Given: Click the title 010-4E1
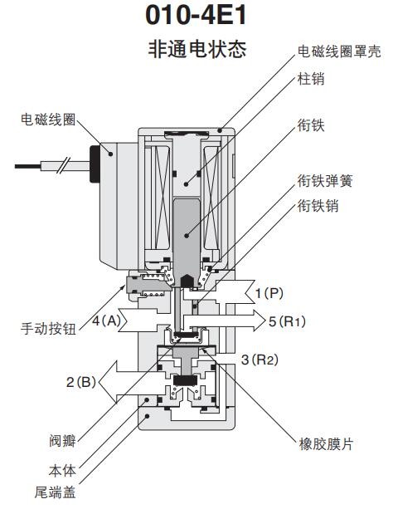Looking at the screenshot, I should click(x=196, y=16).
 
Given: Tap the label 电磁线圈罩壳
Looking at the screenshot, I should click(x=340, y=51).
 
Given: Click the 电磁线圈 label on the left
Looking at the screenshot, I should click(x=48, y=120).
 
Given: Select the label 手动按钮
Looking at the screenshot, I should click(x=48, y=328).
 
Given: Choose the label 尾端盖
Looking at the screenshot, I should click(x=56, y=493).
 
